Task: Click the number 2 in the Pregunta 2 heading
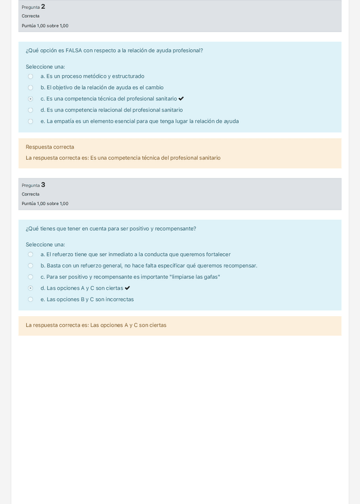pos(43,7)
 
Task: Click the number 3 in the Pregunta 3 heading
pos(43,185)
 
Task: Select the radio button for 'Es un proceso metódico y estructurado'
pos(30,77)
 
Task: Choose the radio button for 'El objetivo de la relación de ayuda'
pos(30,88)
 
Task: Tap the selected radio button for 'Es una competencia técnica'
pos(30,99)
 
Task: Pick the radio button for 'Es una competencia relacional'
pos(30,110)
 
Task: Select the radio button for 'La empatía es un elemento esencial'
pos(30,122)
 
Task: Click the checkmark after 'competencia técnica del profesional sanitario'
pos(181,99)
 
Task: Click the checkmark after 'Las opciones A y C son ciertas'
pos(127,288)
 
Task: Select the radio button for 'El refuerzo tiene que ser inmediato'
pos(30,255)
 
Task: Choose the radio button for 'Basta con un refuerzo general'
pos(30,266)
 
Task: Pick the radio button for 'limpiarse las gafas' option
pos(30,277)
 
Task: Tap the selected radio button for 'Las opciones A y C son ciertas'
pos(30,288)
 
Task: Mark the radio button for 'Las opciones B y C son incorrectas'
pos(30,300)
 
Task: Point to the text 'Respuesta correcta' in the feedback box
pos(50,147)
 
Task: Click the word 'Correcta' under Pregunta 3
pos(30,194)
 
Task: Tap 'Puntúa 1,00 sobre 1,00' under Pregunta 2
pos(45,26)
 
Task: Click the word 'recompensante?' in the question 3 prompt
pos(175,229)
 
